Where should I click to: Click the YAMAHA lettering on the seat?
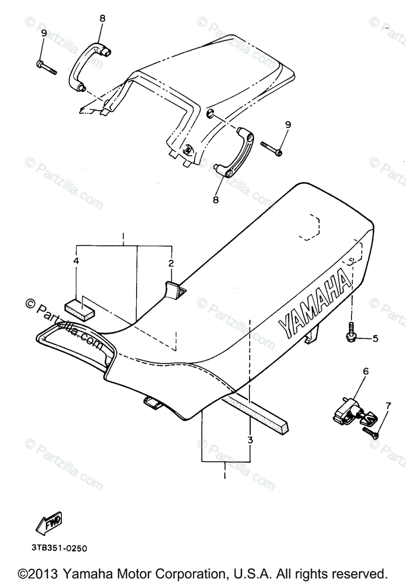tap(314, 306)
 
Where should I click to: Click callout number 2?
tap(171, 263)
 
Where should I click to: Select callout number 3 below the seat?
tap(250, 440)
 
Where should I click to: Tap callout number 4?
tap(76, 261)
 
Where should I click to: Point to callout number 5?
tap(375, 338)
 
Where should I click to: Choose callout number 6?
tap(366, 371)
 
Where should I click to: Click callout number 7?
tap(388, 405)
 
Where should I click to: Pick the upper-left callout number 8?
tap(102, 18)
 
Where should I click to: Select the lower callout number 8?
tap(216, 199)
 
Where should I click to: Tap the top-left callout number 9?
tap(44, 33)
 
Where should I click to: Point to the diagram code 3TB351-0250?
tap(59, 548)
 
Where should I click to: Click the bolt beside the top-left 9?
tap(46, 67)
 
